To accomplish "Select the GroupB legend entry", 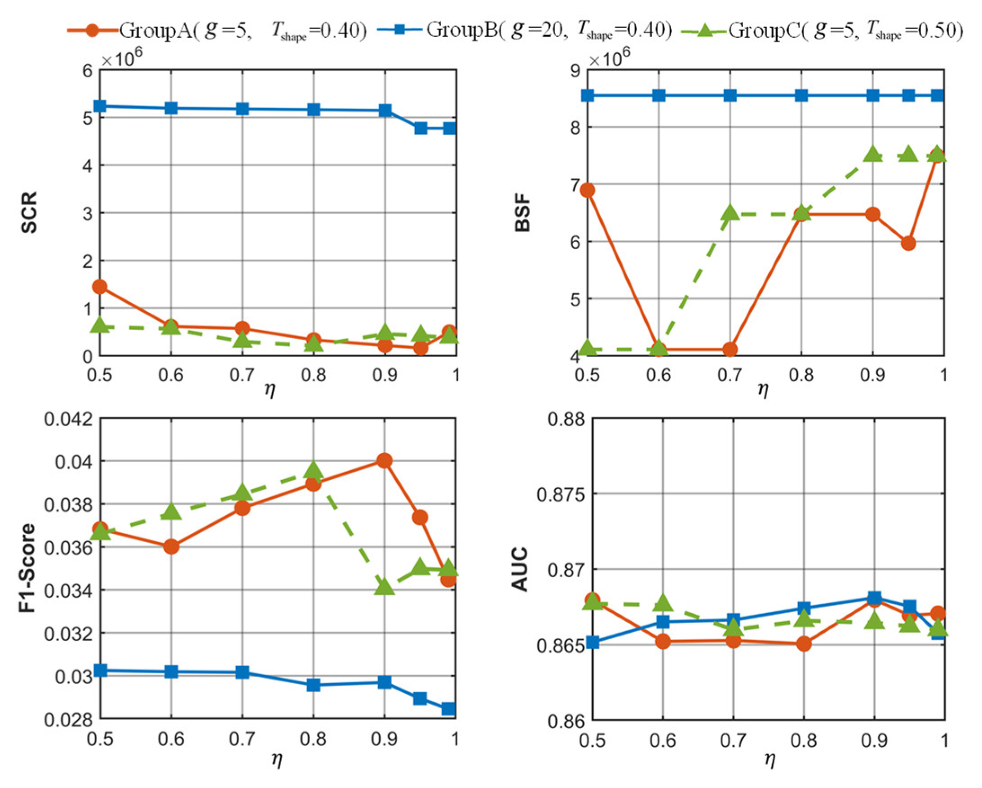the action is pos(525,31).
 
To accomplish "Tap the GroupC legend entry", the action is pos(822,31).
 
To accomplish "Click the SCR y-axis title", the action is pos(29,212).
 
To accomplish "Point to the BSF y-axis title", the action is pos(522,212).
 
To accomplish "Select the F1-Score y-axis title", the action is pos(28,567).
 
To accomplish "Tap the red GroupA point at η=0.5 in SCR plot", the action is pos(100,287).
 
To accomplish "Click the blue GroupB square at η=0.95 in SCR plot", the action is pos(420,128).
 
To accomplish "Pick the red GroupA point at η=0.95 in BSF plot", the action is pos(908,243).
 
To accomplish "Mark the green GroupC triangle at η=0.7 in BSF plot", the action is pos(730,212).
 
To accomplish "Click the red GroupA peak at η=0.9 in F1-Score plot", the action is pos(385,460).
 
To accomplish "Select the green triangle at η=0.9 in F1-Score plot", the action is pos(385,586).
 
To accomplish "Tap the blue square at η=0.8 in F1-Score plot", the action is pos(314,685).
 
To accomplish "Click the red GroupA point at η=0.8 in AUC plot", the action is pos(804,644).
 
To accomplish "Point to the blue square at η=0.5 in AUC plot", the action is pos(592,643).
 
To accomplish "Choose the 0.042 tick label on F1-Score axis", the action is pos(67,418).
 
